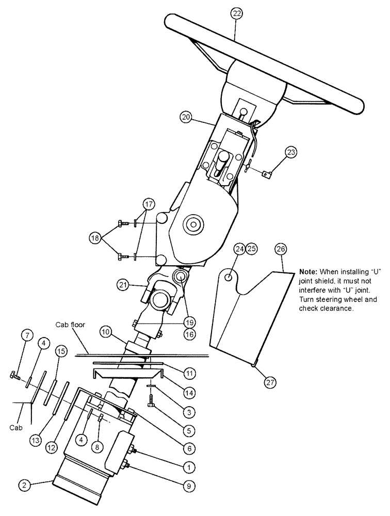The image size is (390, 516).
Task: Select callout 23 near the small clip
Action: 291,152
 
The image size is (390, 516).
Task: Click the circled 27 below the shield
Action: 270,382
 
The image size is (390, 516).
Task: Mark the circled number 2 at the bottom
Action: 24,485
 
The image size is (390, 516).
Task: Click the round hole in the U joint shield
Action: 228,278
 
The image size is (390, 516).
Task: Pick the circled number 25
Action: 251,249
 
